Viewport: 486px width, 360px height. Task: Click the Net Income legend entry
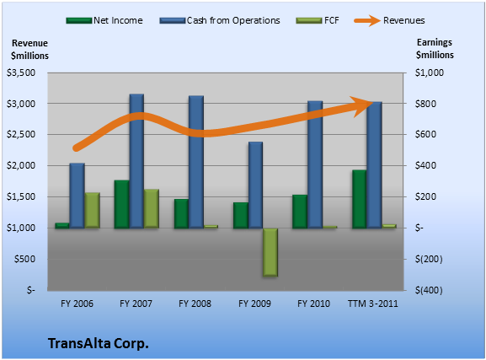pos(104,20)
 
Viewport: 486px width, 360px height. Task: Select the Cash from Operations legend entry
pos(220,20)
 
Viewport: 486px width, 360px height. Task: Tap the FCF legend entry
pos(318,20)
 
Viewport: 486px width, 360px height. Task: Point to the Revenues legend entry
pos(389,20)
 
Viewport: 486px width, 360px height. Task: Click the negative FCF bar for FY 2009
pos(270,252)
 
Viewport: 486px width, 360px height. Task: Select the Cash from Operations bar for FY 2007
pos(136,161)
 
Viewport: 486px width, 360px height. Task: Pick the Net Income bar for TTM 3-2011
pos(359,199)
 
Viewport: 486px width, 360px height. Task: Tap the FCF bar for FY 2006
pos(93,210)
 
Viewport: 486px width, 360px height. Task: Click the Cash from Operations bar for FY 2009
pos(255,185)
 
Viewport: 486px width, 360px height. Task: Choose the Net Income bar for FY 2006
pos(62,226)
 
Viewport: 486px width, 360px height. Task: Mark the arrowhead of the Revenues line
pos(363,106)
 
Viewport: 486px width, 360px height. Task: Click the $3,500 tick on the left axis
pos(21,73)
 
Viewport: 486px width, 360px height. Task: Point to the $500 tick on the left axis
pos(24,259)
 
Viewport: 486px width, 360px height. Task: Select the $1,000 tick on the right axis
pos(430,73)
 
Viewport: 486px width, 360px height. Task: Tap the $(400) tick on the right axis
pos(429,290)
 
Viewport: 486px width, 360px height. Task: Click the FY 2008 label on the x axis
pos(195,304)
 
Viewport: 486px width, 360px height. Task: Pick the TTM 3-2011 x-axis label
pos(373,304)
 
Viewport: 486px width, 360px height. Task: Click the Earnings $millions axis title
pos(435,49)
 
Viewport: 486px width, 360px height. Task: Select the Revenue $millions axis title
pos(29,50)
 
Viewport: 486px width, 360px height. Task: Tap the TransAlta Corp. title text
pos(99,343)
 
